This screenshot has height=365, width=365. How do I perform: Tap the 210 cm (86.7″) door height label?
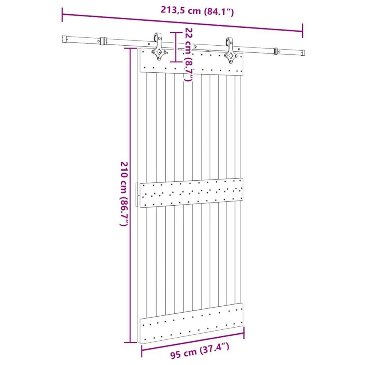[124, 195]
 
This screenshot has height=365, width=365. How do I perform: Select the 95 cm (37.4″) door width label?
[200, 354]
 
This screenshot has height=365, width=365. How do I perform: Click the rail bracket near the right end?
[276, 51]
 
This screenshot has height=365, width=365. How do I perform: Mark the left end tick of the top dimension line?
[62, 15]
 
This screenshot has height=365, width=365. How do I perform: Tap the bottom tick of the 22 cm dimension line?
[176, 62]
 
